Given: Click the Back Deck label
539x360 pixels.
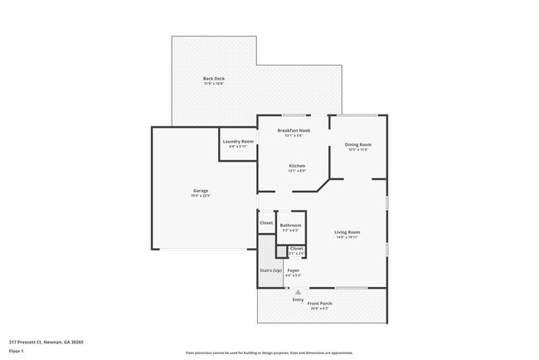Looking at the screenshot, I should pos(214,78).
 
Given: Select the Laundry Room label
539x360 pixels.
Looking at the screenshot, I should pos(238,141).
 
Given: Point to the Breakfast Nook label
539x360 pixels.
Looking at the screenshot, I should pos(293,131).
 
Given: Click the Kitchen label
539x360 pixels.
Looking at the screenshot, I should pos(297,166).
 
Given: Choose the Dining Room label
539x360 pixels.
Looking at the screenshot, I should pos(358,144).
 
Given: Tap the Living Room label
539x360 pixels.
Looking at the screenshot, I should pos(347,231).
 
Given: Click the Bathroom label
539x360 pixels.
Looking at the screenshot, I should pos(290,226).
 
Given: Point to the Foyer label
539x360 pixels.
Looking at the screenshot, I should pos(294,270).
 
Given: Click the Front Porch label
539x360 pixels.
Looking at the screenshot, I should pos(320,304).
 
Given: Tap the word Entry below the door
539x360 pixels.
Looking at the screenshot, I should pos(298,299).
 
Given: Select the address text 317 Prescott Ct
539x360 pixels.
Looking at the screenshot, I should pos(46,341).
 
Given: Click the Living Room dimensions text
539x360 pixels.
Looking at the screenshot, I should pos(347,237).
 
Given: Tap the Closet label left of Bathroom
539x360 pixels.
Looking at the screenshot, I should pos(266,222).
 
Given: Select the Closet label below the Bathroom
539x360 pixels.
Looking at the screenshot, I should pos(296,248).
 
